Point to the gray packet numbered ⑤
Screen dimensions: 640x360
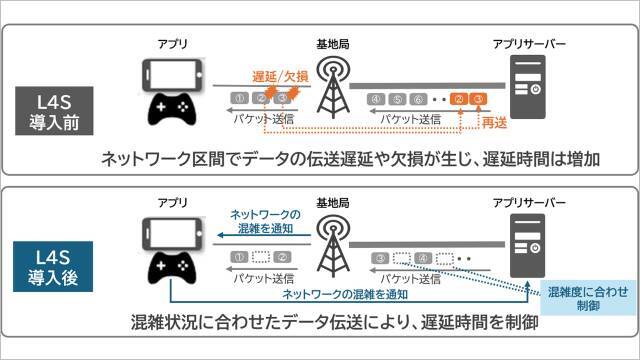397,99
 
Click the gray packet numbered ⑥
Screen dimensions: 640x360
418,99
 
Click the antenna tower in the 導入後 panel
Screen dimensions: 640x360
326,244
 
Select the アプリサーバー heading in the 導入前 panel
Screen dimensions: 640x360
529,44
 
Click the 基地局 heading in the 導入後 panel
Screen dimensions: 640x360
329,202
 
